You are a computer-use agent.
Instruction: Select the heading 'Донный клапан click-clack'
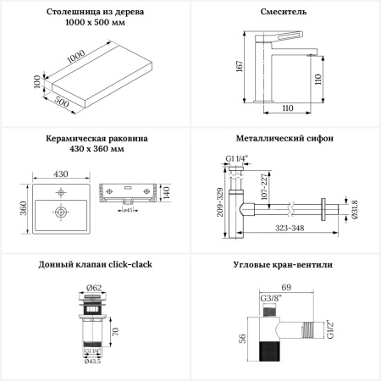point(95,265)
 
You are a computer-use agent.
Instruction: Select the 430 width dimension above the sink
point(61,174)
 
